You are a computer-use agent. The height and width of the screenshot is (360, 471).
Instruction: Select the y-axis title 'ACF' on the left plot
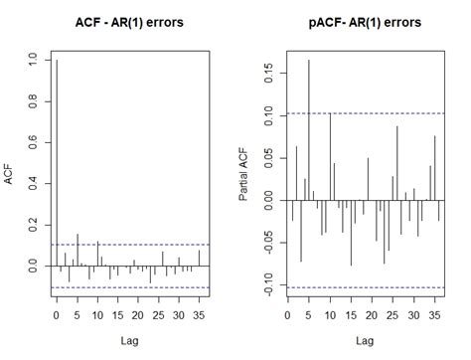[11, 175]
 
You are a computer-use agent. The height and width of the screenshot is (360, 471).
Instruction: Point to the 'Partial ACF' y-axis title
[244, 175]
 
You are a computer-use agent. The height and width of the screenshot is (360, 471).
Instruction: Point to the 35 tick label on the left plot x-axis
[199, 315]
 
